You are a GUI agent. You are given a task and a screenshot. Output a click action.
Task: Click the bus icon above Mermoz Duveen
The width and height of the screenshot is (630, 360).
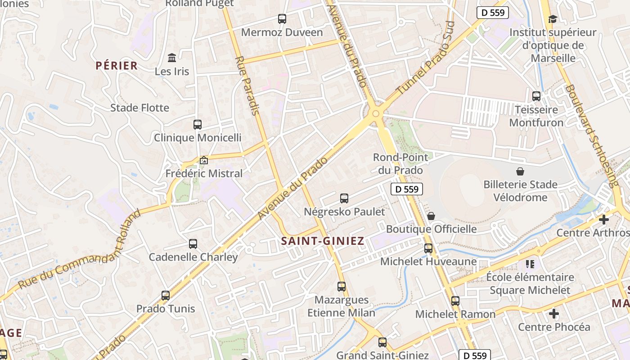pos(282,19)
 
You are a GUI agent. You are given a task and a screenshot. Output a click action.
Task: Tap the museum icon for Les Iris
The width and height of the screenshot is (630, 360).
pos(172,58)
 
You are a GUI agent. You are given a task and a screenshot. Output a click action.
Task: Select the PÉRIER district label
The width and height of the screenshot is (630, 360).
pos(117,66)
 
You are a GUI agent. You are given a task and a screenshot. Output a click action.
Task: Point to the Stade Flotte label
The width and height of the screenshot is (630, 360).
pos(140,108)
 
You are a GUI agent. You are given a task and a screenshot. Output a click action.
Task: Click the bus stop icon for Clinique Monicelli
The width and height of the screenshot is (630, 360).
pos(198,125)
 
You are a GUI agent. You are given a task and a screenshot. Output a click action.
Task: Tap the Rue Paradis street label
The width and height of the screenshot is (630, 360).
pos(247,85)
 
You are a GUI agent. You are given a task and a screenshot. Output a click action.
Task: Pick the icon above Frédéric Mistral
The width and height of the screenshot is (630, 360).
pos(204,160)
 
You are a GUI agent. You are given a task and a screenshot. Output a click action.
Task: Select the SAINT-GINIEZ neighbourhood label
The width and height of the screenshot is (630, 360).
pos(323,241)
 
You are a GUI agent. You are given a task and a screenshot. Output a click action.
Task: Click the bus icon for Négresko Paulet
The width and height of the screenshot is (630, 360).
pos(344,198)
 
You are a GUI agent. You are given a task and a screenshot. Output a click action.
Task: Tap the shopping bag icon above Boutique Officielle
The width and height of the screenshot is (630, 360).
pos(431,216)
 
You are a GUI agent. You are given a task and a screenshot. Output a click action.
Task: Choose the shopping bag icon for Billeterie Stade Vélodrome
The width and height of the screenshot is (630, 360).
pos(520,171)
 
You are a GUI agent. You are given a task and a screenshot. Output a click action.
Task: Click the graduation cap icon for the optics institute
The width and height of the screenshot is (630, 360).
pos(553,19)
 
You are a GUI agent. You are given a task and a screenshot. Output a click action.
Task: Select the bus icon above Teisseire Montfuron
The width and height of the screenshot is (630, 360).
pos(536,96)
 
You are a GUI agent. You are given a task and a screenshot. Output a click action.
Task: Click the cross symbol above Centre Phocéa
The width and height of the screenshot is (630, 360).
pos(554,313)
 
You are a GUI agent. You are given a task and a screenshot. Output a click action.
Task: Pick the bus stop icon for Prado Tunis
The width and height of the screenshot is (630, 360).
pos(166,296)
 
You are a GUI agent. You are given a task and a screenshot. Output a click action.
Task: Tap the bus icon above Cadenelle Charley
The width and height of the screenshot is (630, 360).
pos(193,244)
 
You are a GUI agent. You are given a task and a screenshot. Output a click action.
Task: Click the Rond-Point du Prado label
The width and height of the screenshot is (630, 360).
pos(398,164)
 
